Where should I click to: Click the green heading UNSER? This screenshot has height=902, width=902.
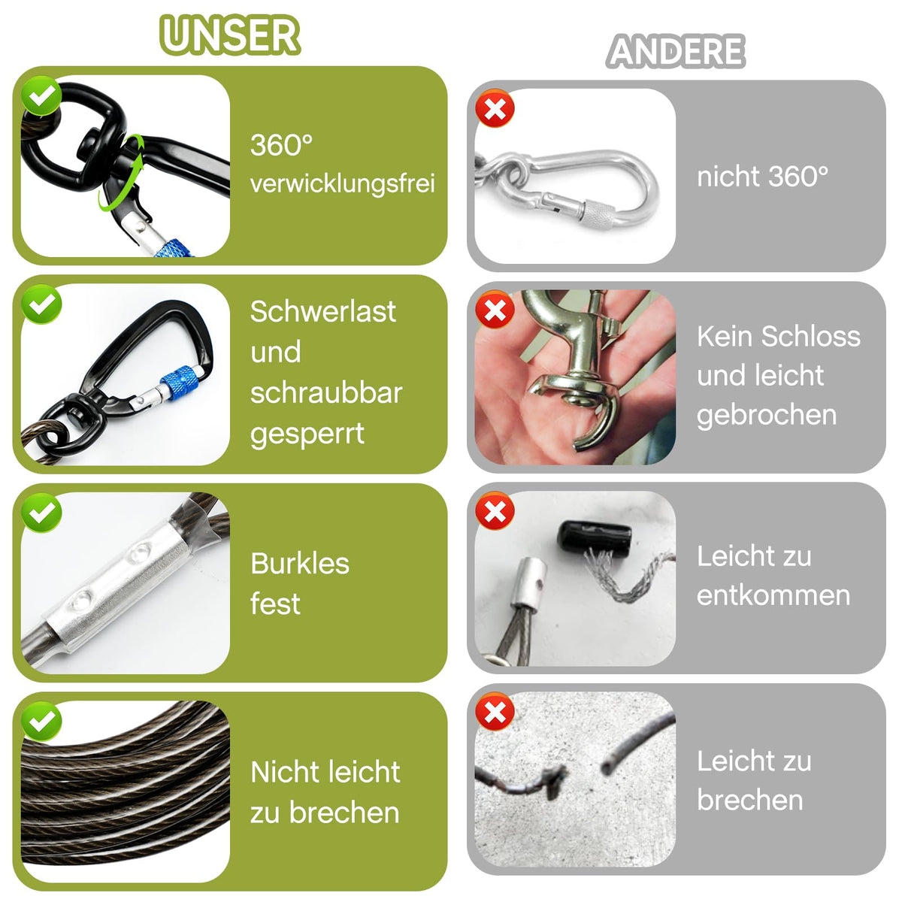tap(230, 35)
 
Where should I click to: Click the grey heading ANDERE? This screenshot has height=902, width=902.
tap(676, 52)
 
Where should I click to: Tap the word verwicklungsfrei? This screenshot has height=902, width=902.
tap(343, 183)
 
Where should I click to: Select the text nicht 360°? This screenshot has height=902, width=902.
tap(762, 177)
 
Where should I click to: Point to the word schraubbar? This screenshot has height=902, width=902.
tap(326, 392)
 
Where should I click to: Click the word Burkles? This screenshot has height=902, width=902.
tap(300, 563)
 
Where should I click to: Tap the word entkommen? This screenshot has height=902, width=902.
tap(773, 595)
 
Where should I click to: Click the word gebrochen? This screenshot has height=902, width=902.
tap(767, 415)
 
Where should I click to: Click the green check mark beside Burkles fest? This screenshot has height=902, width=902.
tap(41, 513)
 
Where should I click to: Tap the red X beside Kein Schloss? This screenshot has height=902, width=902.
tap(495, 310)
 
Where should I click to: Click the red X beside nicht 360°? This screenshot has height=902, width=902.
tap(495, 108)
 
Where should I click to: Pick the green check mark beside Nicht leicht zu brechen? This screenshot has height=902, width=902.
tap(41, 722)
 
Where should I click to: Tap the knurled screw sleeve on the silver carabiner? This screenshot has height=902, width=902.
tap(600, 215)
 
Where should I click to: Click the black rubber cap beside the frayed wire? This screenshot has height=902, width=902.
tap(594, 537)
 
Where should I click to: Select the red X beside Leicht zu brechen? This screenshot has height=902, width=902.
tap(495, 713)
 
